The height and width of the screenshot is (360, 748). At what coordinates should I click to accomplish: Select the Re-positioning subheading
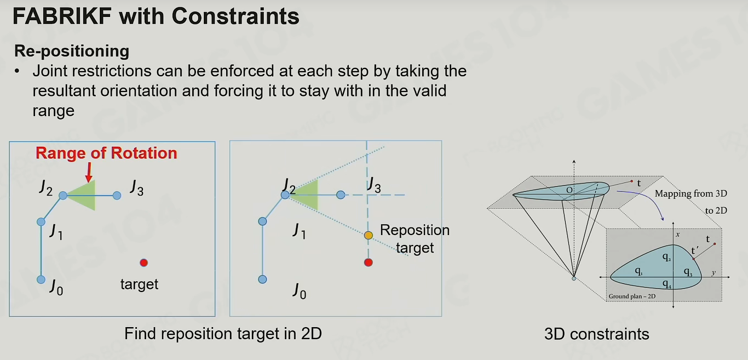[x=72, y=51]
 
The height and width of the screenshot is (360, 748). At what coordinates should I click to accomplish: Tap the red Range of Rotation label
[x=106, y=153]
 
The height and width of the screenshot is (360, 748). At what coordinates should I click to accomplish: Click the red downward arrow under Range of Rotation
[x=89, y=172]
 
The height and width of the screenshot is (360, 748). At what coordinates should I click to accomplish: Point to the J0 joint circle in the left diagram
[x=41, y=279]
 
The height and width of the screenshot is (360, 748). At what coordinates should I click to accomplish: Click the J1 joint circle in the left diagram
[x=41, y=221]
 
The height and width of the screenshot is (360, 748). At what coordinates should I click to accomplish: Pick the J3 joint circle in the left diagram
[x=117, y=196]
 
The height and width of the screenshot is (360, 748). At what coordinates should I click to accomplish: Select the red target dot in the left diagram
[x=144, y=262]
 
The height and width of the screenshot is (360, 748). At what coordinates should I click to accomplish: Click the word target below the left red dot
[x=139, y=284]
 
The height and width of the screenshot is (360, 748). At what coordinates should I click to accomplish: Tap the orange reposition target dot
[x=369, y=235]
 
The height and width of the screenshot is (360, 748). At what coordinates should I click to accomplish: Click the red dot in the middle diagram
[x=369, y=262]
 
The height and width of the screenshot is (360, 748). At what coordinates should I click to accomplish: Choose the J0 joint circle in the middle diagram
[x=262, y=279]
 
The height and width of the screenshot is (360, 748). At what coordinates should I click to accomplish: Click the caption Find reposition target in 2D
[x=223, y=334]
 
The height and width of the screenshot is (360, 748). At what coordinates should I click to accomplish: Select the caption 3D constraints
[x=597, y=334]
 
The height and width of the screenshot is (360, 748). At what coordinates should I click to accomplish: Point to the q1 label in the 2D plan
[x=639, y=271]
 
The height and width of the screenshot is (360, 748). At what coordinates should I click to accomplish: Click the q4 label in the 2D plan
[x=667, y=284]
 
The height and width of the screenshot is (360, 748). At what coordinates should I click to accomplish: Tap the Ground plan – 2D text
[x=632, y=296]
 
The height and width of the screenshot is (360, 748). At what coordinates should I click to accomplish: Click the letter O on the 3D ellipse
[x=569, y=190]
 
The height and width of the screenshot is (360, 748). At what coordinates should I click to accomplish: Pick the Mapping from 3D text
[x=691, y=193]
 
